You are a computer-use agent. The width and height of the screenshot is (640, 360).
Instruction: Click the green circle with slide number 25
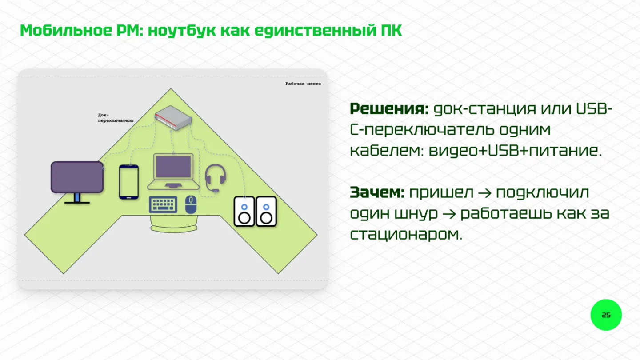pos(606,315)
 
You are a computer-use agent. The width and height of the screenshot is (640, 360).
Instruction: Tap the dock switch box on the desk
pos(173,118)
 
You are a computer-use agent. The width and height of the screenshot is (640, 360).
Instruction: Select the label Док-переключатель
pos(116,118)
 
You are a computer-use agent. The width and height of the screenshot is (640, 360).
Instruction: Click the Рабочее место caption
pos(303,84)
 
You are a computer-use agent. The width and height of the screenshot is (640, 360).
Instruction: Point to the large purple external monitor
pos(77,177)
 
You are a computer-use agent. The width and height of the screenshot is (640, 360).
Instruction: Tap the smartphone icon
pos(129,182)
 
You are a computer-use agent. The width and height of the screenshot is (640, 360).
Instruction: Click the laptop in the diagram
pos(173,172)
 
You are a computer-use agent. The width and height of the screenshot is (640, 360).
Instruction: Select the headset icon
pos(216,178)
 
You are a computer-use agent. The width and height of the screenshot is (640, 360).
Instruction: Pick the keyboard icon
pos(163,204)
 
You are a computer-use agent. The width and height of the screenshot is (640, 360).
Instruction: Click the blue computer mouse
pos(191,204)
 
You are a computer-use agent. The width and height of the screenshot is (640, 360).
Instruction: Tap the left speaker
pos(244,212)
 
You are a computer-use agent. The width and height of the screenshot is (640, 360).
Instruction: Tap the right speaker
pos(266,212)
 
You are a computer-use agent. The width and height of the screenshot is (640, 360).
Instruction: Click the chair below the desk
pos(174,224)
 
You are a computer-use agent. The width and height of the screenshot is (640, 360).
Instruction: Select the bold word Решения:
pos(389,109)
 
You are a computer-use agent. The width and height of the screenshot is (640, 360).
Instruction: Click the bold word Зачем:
pos(377,192)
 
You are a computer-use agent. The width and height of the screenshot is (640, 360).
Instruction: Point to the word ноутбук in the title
pos(182,31)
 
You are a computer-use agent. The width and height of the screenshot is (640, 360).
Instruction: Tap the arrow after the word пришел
pos(485,193)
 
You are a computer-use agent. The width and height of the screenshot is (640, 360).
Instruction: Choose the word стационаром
pos(406,235)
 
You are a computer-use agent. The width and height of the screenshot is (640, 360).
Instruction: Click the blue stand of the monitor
pos(77,198)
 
